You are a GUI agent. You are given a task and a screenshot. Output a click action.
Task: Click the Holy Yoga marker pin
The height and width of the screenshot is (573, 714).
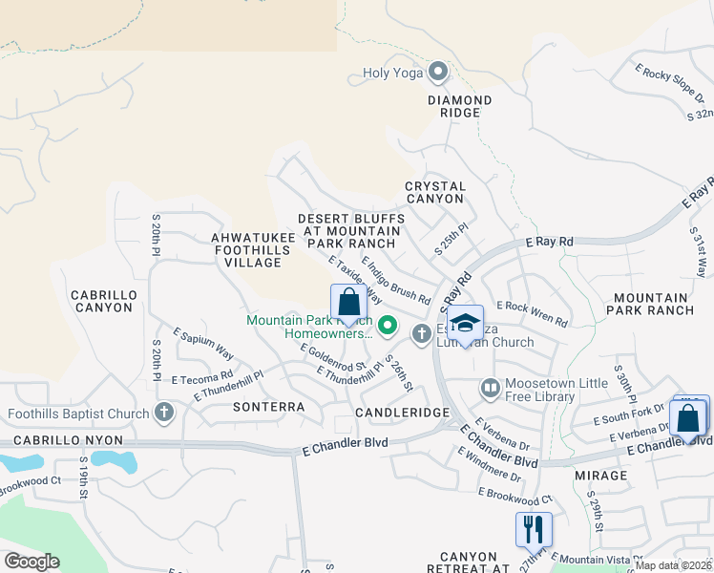pos(438,72)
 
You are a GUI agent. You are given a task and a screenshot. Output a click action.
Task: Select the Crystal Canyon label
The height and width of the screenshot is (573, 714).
pos(434,192)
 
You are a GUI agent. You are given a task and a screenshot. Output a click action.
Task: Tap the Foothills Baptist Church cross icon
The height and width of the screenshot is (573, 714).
pos(164,414)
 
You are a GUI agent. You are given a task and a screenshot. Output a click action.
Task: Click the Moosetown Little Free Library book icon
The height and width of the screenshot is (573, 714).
pos(490,388)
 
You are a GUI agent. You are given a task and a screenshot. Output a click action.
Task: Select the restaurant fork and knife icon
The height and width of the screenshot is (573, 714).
pos(533,528)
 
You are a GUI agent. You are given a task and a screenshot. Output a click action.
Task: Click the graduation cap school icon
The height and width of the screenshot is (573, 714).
pos(466,323)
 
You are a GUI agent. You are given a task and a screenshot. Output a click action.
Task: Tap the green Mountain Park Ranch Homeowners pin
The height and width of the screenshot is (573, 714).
pos(387,327)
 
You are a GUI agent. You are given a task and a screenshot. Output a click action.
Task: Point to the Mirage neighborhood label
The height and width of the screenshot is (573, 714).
pos(601,475)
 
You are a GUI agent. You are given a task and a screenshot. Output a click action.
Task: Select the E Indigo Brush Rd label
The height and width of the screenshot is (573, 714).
pos(396,279)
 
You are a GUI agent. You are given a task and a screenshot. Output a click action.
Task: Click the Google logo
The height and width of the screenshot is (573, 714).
pos(31,562)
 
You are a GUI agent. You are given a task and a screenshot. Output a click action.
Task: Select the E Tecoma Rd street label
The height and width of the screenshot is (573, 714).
pos(202,376)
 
